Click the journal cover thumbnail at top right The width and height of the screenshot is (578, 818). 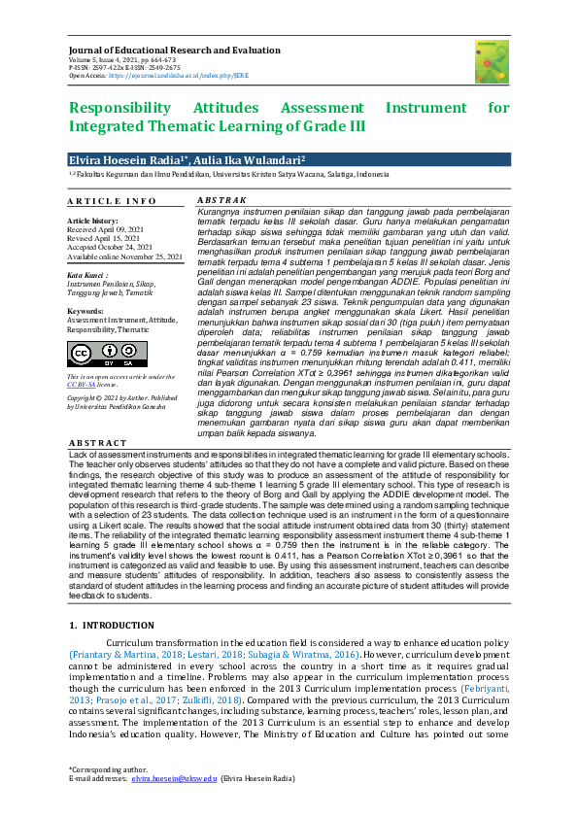(x=492, y=60)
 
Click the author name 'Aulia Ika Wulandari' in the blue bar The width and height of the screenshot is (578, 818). (x=247, y=158)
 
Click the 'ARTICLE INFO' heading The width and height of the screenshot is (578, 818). (x=112, y=201)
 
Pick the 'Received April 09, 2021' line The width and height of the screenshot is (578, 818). (x=106, y=229)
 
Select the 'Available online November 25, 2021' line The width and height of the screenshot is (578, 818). (x=125, y=256)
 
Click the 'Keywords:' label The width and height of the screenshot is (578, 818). (x=85, y=311)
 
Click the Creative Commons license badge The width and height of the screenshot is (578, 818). (x=94, y=352)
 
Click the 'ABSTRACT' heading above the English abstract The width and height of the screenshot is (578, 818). (x=97, y=444)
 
